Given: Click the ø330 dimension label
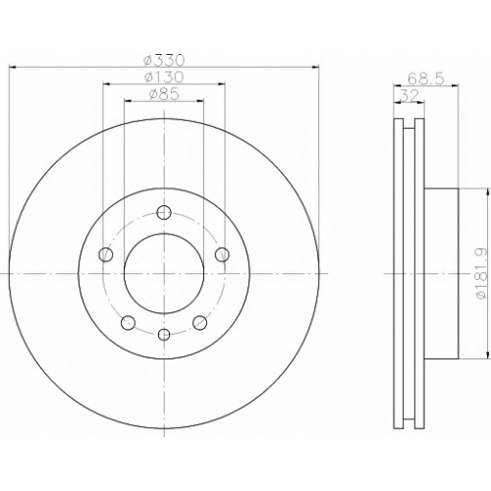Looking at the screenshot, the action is coord(165,60).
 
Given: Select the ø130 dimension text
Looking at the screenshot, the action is coord(164,78).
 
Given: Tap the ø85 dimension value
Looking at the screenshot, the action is coord(164,94).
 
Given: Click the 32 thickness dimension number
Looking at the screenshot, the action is coord(409,96).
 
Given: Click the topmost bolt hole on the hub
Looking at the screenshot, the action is coord(164,213).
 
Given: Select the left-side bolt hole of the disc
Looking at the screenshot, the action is coord(105,254).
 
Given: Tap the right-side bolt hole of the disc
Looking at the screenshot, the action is coord(222,254).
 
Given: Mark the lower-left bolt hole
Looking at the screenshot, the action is coord(128,323).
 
